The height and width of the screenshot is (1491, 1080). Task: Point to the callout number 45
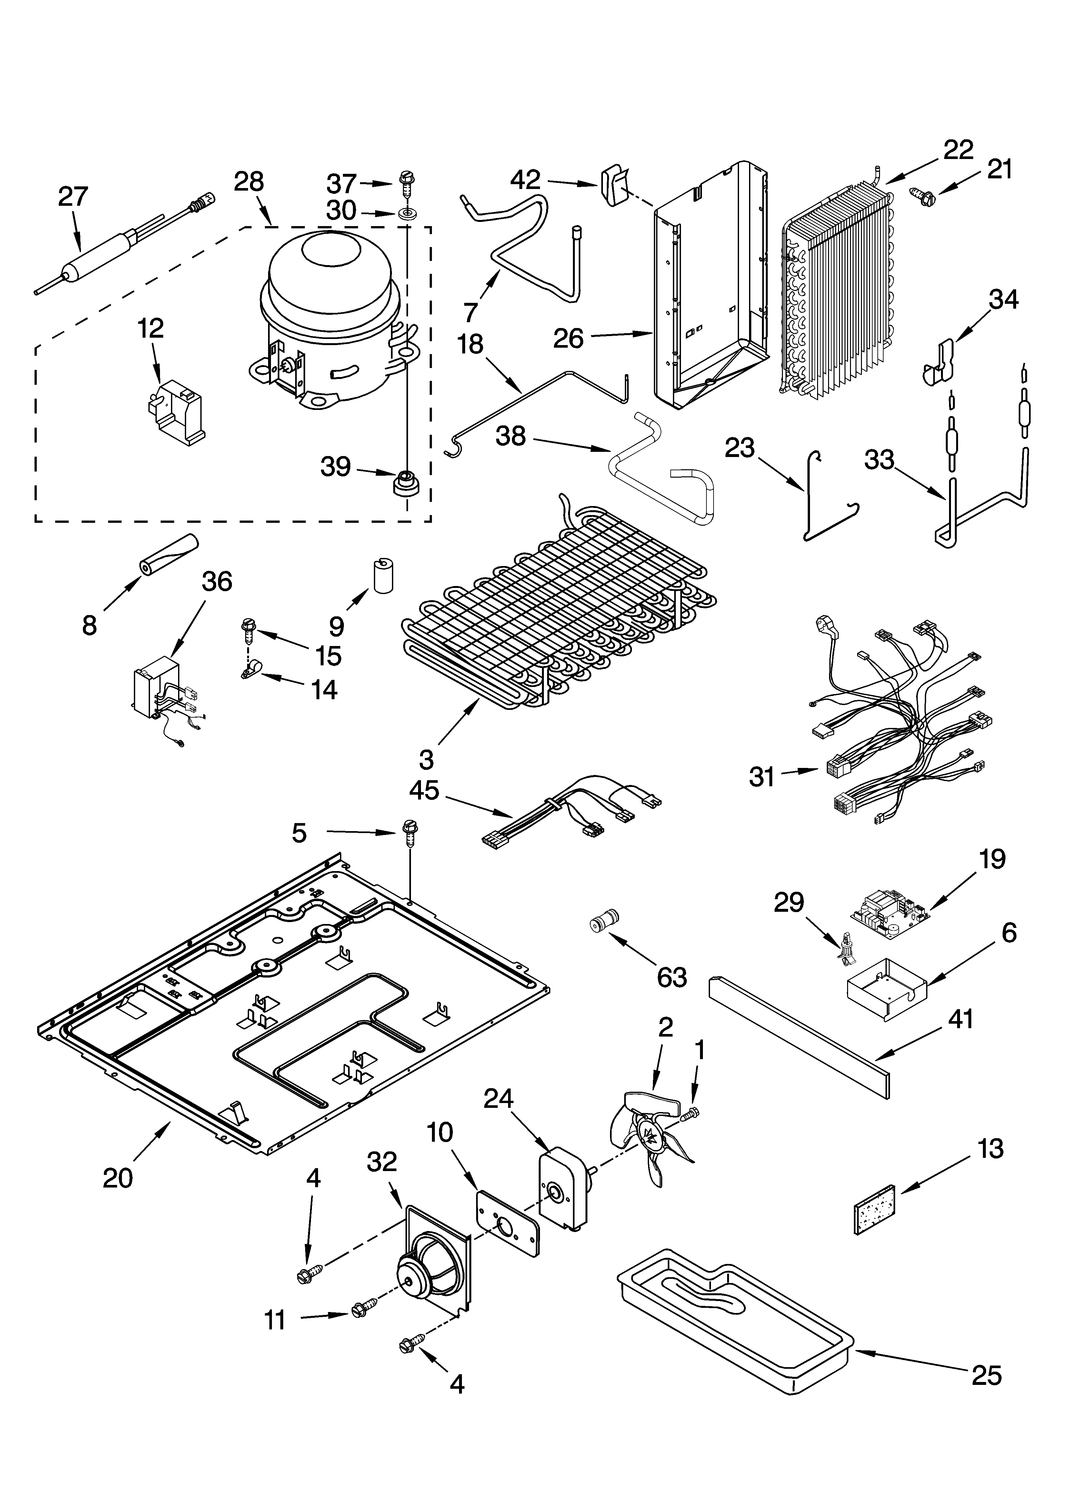coord(424,790)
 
